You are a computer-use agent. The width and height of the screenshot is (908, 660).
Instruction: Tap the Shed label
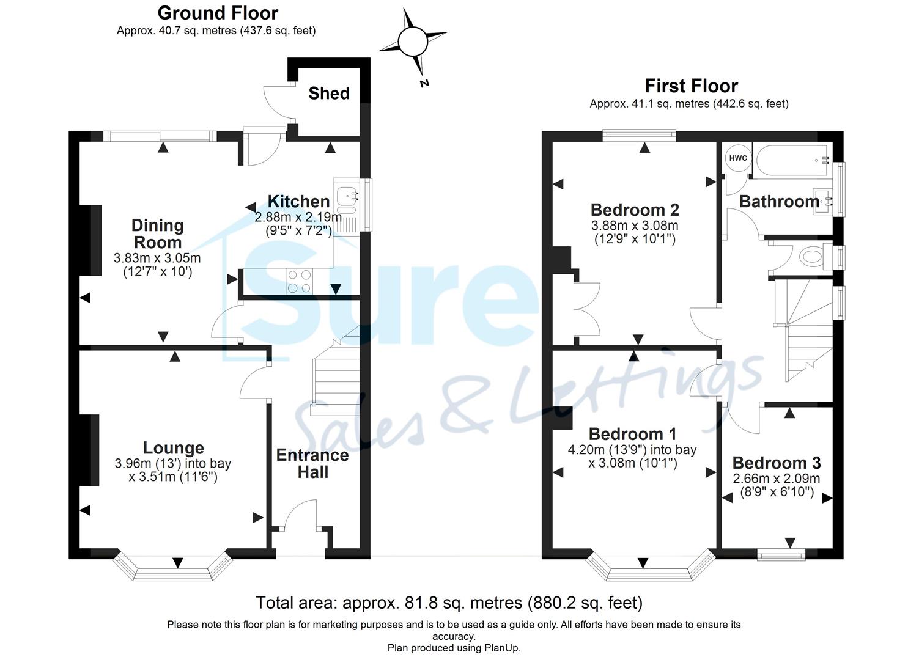328,94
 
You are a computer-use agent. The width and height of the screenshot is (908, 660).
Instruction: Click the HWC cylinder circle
737,158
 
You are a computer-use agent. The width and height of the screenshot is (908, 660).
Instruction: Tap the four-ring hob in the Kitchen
299,282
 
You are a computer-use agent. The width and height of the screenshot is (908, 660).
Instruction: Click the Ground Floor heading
217,13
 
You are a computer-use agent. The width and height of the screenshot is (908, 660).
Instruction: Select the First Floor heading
691,86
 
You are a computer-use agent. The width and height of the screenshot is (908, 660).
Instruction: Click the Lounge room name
173,448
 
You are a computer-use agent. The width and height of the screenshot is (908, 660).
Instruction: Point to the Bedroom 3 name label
776,463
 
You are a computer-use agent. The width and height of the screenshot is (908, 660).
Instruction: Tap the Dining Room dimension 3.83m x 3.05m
157,258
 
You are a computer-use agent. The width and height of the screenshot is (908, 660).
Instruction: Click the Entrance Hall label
312,463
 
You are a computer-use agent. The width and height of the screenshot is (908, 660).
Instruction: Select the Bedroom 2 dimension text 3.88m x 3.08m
635,226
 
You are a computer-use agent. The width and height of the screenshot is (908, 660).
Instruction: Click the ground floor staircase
336,376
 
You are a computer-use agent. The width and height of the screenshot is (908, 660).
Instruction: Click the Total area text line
449,603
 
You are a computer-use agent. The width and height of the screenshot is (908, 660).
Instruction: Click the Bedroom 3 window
781,554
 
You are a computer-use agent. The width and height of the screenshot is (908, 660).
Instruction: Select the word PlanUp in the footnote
501,648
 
